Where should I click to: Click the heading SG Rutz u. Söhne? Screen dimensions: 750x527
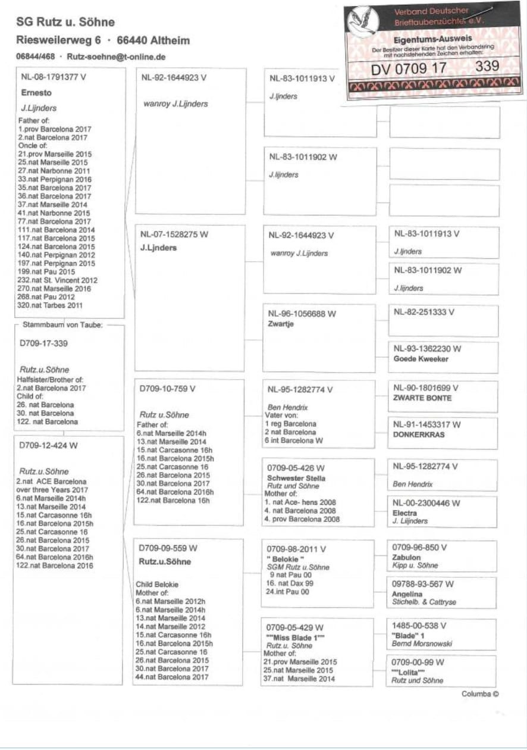click(65, 22)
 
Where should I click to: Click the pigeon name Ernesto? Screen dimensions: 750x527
click(36, 93)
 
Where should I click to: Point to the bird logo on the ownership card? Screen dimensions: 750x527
click(363, 21)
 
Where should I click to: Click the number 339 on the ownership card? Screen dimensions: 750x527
click(487, 67)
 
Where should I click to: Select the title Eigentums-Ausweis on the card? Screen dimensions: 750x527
click(437, 39)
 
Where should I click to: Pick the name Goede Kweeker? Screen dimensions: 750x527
click(421, 360)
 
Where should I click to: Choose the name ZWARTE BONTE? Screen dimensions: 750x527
click(422, 398)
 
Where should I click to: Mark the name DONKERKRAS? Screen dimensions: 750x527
click(419, 435)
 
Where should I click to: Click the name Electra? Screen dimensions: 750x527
click(405, 512)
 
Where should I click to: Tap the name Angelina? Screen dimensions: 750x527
click(407, 594)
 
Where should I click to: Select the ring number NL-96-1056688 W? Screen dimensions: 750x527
click(302, 314)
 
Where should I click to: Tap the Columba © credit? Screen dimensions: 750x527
click(479, 694)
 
